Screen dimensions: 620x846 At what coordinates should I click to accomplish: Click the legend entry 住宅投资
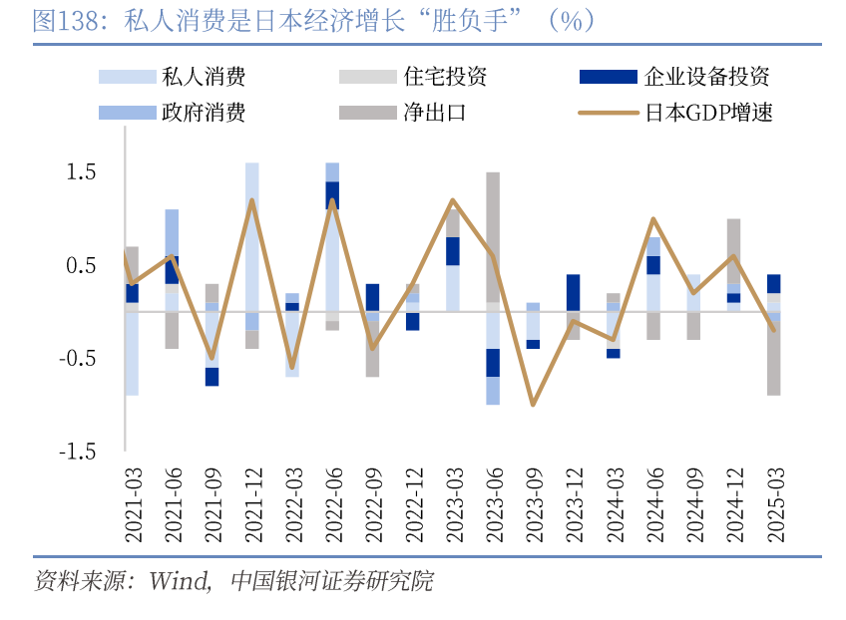[x=445, y=77]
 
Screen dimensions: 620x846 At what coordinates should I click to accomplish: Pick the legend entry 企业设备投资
[x=706, y=77]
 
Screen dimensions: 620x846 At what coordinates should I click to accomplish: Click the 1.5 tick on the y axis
[x=82, y=172]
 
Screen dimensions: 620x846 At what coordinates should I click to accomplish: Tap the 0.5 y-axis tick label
[x=82, y=265]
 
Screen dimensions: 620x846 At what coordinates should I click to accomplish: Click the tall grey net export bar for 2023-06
[x=493, y=237]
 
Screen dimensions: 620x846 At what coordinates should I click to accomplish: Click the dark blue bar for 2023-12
[x=573, y=292]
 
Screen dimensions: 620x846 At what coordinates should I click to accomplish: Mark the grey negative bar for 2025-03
[x=773, y=359]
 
